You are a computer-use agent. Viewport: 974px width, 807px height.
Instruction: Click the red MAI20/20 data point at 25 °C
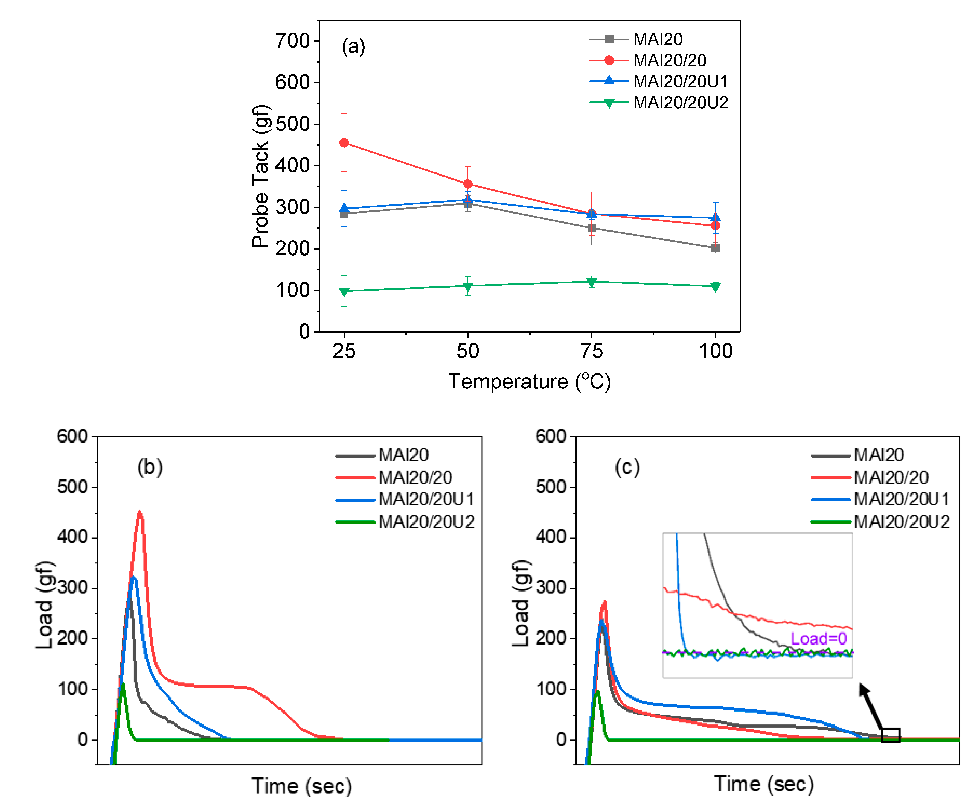tap(344, 143)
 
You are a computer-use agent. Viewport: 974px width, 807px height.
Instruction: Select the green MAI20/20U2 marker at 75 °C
tap(591, 282)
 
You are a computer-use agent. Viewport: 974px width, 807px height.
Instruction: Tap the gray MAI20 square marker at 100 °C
tap(715, 248)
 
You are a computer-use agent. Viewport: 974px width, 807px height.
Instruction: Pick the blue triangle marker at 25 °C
tap(344, 208)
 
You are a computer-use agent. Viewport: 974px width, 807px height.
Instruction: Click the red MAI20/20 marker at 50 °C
tap(467, 184)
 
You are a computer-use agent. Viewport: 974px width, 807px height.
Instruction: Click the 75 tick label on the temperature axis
tap(591, 351)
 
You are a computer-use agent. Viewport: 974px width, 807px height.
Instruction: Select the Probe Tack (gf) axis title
tap(261, 176)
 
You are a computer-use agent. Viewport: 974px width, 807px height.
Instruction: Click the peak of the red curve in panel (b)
tap(139, 512)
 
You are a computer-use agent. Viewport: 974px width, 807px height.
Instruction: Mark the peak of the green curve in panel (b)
tap(123, 684)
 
